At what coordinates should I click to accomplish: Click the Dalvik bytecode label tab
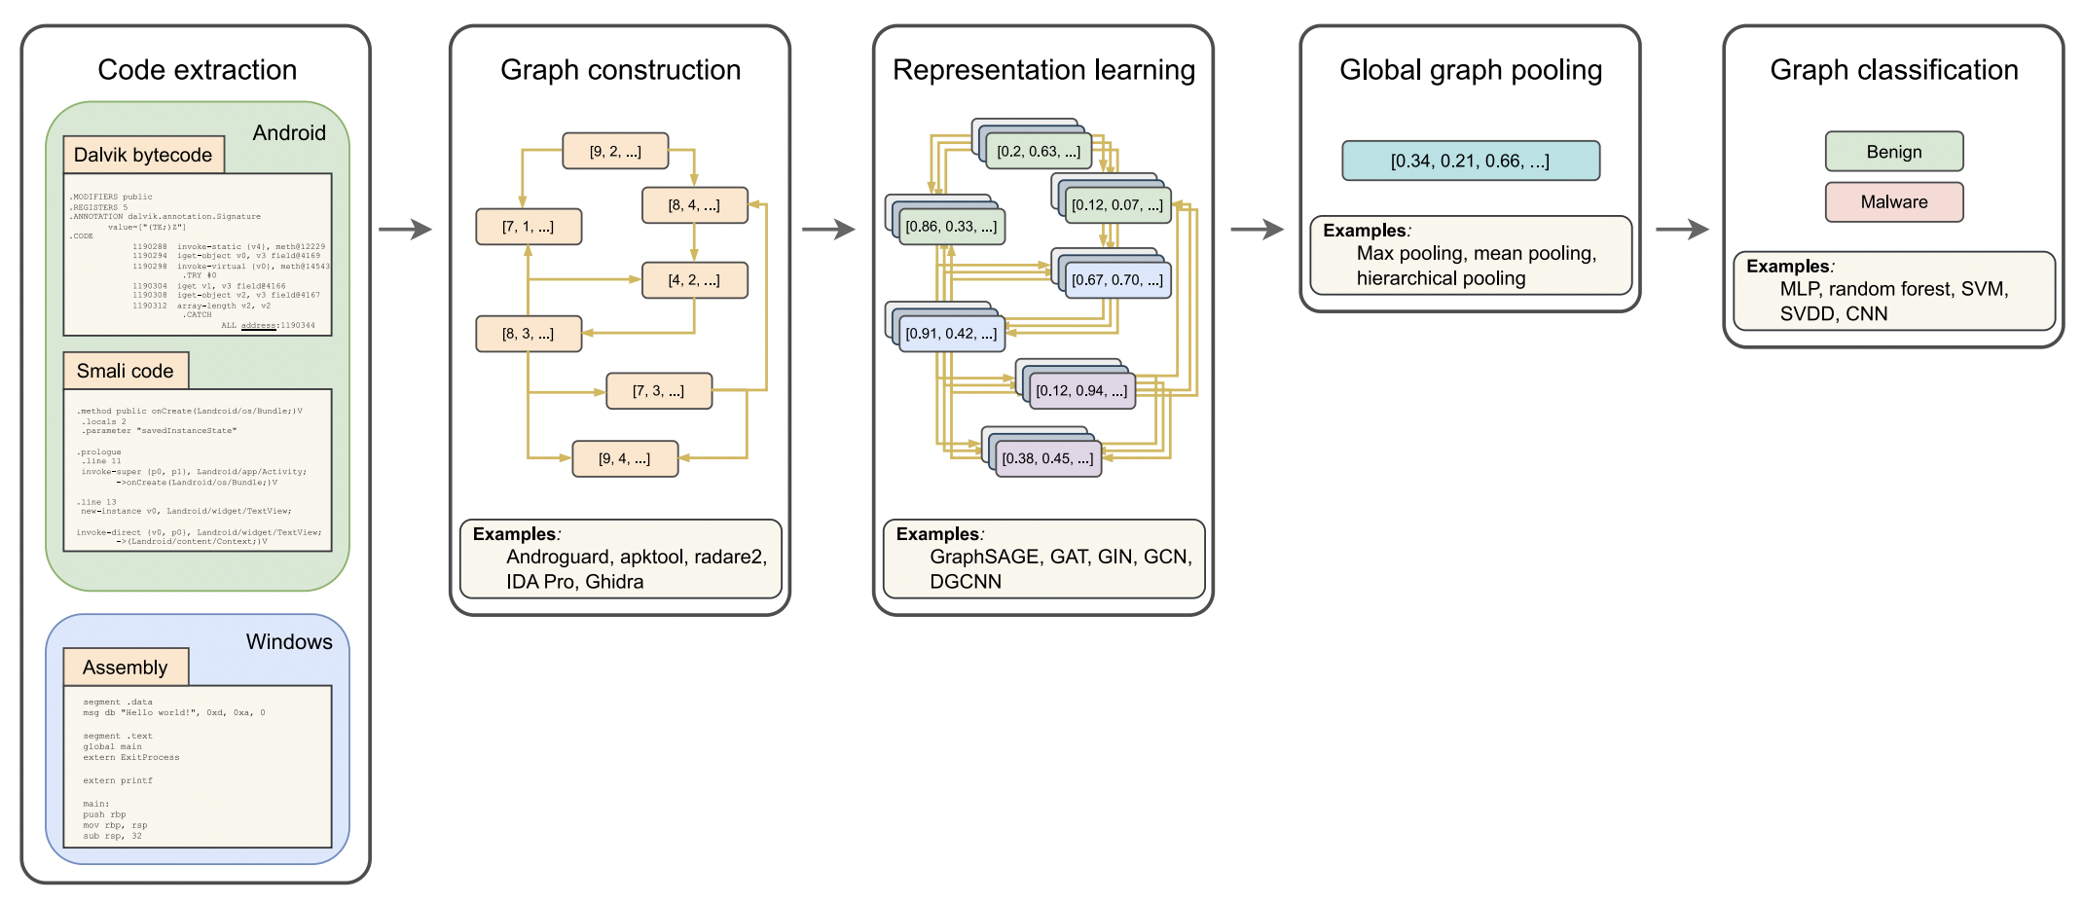coord(143,155)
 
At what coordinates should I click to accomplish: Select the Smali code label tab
coord(126,371)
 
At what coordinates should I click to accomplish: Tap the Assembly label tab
coord(126,668)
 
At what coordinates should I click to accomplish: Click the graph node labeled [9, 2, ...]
coord(615,151)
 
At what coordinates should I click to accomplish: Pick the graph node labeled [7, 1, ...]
coord(529,227)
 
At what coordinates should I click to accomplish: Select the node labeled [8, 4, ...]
coord(694,205)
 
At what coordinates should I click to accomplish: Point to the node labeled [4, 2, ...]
coord(694,280)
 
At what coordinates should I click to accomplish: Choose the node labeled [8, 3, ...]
coord(529,334)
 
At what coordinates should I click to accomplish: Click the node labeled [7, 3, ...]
coord(659,391)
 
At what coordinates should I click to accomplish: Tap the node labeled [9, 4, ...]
coord(625,458)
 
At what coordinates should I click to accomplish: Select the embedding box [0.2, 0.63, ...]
coord(1039,152)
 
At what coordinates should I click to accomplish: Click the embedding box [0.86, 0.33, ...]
coord(951,227)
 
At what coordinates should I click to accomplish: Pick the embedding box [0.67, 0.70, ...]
coord(1117,280)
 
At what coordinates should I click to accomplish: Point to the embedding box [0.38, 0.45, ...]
coord(1047,458)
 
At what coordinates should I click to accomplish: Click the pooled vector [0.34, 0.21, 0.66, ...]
coord(1470,161)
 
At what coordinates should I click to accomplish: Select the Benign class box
coord(1893,152)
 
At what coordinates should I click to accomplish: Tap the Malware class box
coord(1893,202)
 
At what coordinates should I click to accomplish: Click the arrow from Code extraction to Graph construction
coord(405,230)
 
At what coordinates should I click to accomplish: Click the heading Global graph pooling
coord(1470,70)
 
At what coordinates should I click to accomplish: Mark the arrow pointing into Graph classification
coord(1682,230)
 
